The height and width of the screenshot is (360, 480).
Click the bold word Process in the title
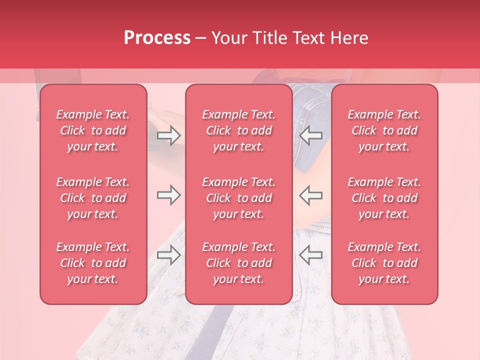pos(157,38)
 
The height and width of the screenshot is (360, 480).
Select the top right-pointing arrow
pos(168,135)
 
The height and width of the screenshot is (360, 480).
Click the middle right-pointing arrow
pos(168,195)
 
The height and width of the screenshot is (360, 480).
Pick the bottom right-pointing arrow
pos(168,255)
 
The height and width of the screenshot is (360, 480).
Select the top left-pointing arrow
pos(310,135)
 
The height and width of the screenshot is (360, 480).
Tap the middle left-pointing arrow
pos(310,195)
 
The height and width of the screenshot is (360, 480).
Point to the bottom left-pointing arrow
pos(310,255)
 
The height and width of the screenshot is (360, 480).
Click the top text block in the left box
pos(93,130)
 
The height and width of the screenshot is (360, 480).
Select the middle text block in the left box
pos(93,198)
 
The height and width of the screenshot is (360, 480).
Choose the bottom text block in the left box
pos(93,263)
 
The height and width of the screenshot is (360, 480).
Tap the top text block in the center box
pos(239,130)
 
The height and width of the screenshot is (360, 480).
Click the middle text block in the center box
pos(239,198)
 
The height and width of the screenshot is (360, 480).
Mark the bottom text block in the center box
pos(239,263)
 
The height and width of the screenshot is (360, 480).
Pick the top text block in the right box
pos(384,130)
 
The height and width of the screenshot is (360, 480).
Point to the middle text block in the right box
pos(384,198)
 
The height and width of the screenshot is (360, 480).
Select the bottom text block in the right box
pos(384,263)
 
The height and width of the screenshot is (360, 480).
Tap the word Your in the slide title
pos(228,38)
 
